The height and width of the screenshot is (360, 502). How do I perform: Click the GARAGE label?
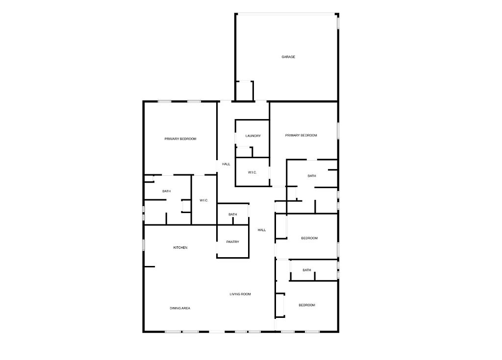(x=288, y=57)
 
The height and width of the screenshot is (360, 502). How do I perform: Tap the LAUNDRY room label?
(x=253, y=136)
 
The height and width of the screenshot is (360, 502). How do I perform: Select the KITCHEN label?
(x=180, y=248)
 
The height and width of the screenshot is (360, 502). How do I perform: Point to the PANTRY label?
(x=232, y=242)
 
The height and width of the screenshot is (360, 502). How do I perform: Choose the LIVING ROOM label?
(x=240, y=294)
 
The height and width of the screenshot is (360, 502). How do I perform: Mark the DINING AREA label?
(x=180, y=308)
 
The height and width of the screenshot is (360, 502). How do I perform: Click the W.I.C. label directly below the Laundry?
(x=252, y=172)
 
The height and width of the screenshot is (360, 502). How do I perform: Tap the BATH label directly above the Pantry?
(x=232, y=215)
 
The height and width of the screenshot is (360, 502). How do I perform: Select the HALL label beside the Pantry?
(x=262, y=230)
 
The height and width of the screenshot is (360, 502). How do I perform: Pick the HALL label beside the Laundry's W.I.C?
(x=226, y=164)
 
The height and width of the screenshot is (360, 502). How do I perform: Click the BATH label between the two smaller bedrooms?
(x=307, y=270)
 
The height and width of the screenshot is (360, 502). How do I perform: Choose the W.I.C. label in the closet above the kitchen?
(x=204, y=200)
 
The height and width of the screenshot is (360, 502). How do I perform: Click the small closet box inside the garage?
(x=245, y=91)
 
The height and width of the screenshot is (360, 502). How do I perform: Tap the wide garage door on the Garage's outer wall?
(x=286, y=14)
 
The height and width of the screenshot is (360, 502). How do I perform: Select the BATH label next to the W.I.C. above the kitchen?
(x=167, y=191)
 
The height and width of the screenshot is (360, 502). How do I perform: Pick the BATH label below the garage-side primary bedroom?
(x=312, y=176)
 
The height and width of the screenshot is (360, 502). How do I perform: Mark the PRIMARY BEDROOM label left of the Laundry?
(x=180, y=139)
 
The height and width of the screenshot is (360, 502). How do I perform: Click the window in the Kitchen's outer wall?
(x=144, y=244)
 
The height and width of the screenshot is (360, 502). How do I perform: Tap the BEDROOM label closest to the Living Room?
(x=307, y=305)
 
